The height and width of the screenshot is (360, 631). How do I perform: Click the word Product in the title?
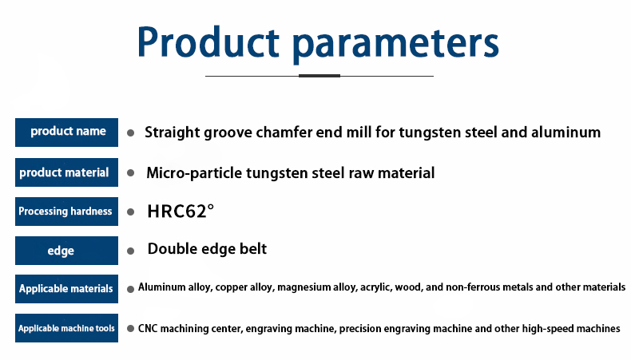tap(208, 42)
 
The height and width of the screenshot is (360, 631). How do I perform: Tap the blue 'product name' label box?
tap(67, 133)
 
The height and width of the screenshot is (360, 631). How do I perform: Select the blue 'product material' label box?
tap(67, 172)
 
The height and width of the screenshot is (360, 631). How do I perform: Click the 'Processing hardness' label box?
tap(67, 212)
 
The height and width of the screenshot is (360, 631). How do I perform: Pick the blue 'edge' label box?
tap(67, 251)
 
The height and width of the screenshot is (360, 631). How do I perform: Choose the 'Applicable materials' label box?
tap(67, 289)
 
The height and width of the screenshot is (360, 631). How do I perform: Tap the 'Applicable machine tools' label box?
tap(67, 328)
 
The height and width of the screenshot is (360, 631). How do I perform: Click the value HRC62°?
tap(181, 212)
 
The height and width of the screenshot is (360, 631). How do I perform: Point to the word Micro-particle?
tap(194, 173)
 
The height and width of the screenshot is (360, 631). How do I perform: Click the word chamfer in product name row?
tap(284, 132)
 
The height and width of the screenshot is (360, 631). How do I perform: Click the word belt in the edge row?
tap(253, 248)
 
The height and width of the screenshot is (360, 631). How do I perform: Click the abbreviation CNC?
tap(148, 329)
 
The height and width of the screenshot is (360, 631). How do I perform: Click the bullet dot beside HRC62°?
tap(130, 212)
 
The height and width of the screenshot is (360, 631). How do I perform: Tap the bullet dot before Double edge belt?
tap(130, 251)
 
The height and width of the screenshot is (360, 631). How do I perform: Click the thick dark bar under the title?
tap(319, 76)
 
